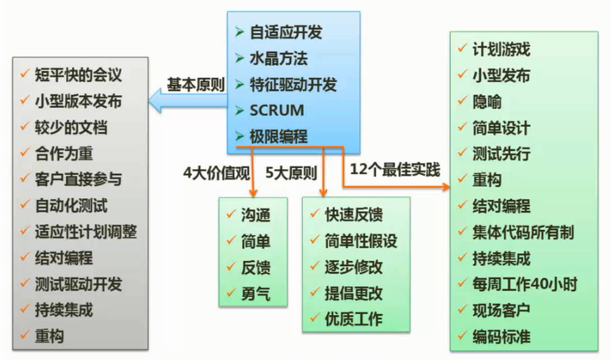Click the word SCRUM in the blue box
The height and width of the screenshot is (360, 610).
pos(277,110)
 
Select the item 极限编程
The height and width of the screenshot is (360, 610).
pos(279,136)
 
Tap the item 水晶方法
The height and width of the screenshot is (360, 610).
pos(279,58)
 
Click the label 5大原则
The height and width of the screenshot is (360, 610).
pos(291,171)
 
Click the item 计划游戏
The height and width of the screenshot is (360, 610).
pos(501,50)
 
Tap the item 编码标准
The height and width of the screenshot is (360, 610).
pos(501,336)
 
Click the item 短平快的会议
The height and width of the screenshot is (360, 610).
pos(79,75)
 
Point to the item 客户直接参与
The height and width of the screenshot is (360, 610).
pos(78,179)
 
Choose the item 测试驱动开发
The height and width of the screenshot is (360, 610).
pos(78,283)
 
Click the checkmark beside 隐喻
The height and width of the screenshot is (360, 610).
pos(462,103)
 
